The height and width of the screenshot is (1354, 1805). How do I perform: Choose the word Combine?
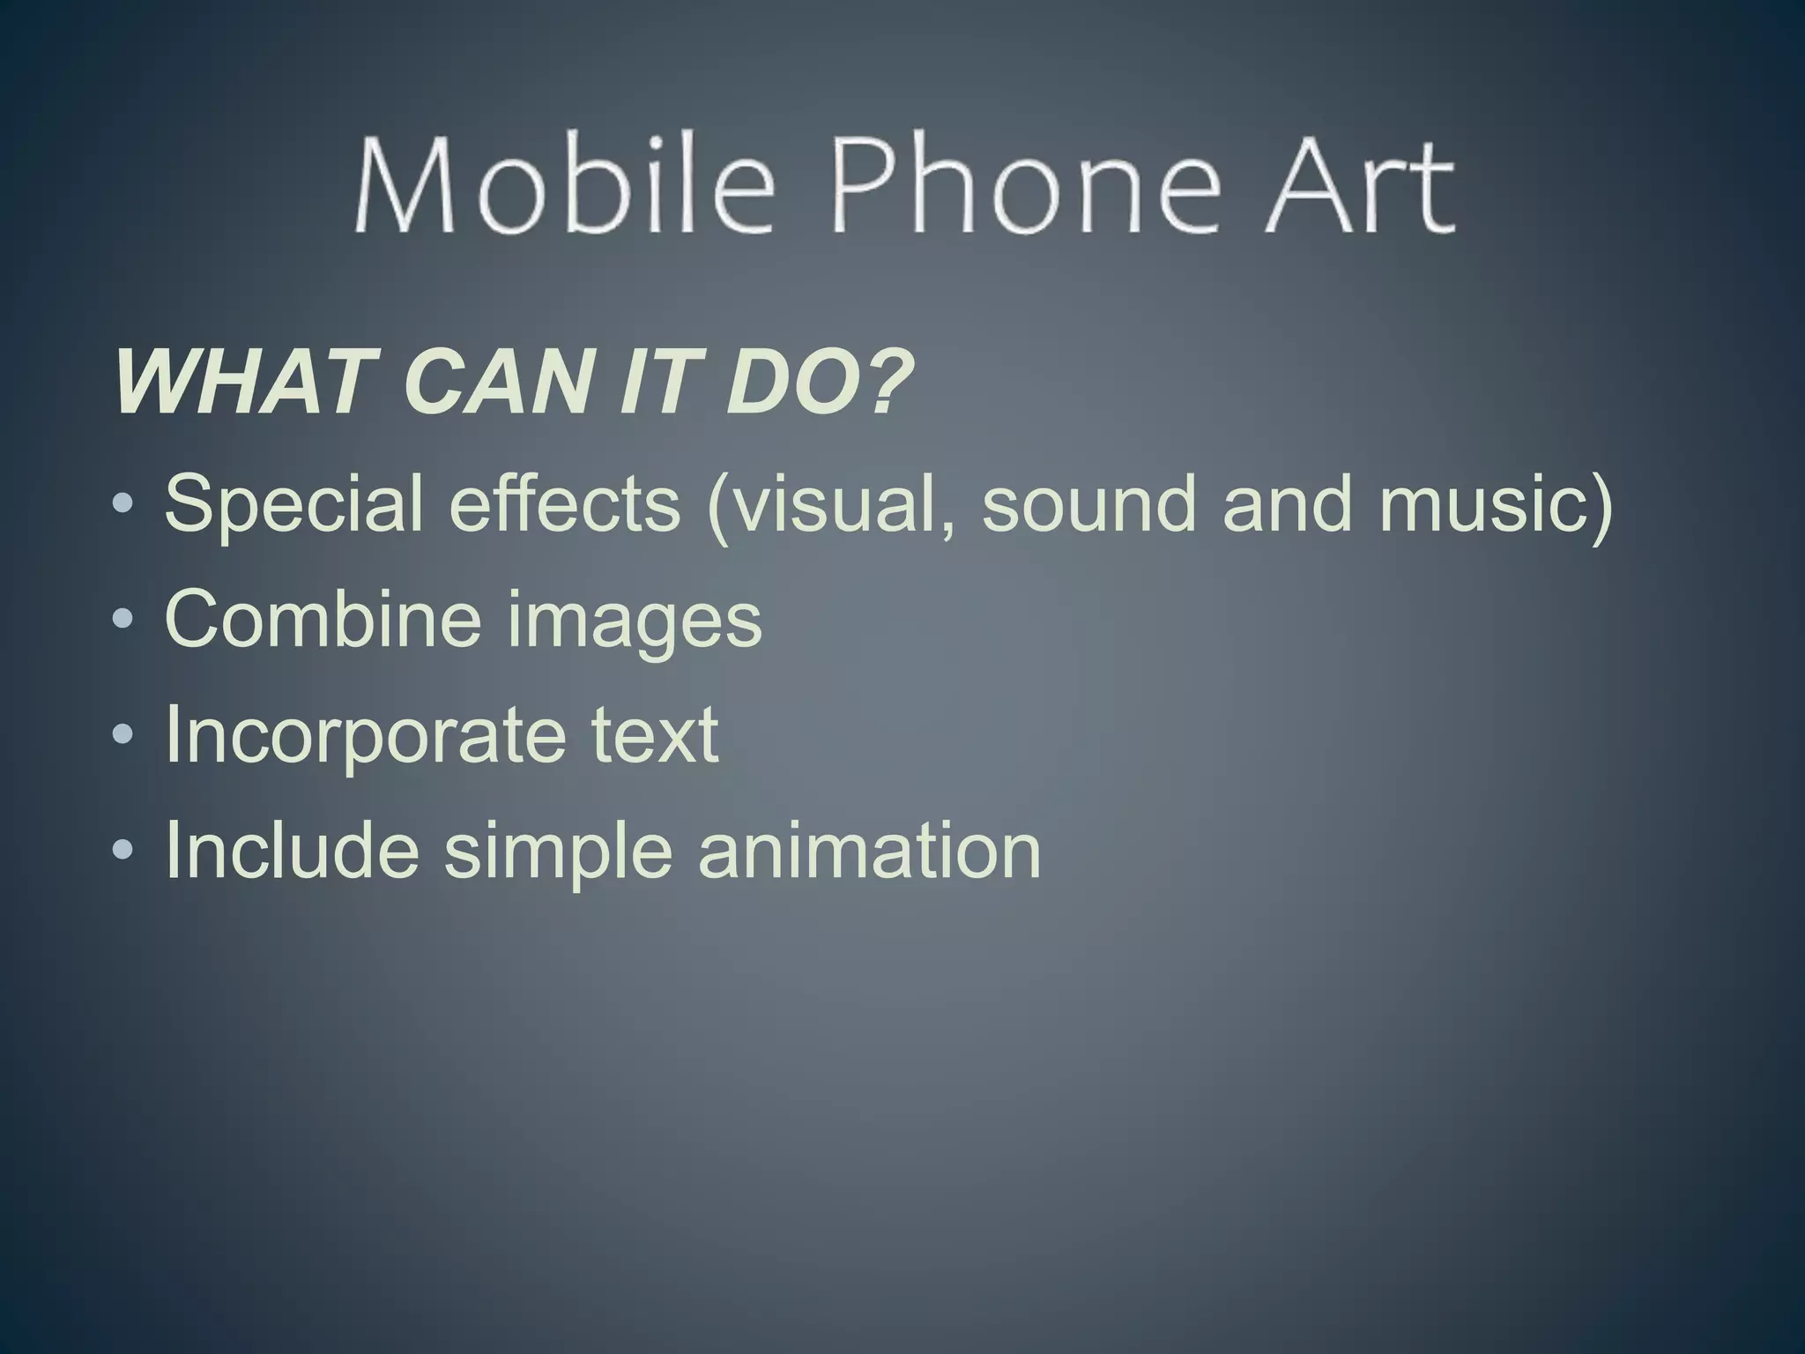click(323, 618)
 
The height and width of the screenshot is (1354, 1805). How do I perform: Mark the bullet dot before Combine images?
click(123, 619)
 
